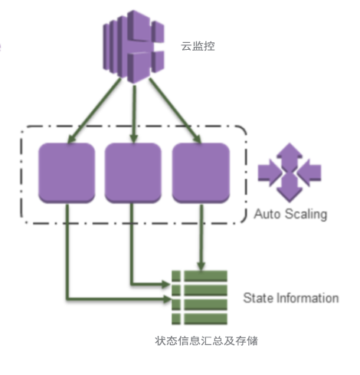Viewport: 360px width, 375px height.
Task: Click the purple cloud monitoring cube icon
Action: (x=133, y=47)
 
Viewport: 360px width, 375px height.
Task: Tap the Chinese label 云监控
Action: (x=198, y=46)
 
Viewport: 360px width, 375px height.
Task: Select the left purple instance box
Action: (x=67, y=173)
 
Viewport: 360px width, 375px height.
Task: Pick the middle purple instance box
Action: (x=133, y=173)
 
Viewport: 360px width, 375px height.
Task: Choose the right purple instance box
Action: (x=201, y=173)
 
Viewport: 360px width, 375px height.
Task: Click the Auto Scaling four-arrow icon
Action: (x=290, y=173)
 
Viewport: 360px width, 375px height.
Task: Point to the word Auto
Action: (x=267, y=214)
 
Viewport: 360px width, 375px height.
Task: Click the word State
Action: (x=257, y=298)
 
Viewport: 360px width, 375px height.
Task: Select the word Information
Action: (x=308, y=298)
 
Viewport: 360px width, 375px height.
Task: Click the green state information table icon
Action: (x=199, y=298)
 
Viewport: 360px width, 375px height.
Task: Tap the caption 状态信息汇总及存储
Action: (x=206, y=340)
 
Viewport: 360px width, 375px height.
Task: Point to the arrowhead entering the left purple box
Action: (x=71, y=139)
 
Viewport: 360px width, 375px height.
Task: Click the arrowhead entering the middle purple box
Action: (x=134, y=139)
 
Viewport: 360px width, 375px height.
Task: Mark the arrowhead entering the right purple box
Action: (x=198, y=139)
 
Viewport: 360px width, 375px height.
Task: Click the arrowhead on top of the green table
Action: (x=201, y=266)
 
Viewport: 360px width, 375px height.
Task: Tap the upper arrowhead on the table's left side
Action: (x=166, y=284)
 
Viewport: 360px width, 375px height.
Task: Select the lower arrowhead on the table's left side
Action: (x=166, y=298)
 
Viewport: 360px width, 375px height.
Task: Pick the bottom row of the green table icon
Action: (x=199, y=319)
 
